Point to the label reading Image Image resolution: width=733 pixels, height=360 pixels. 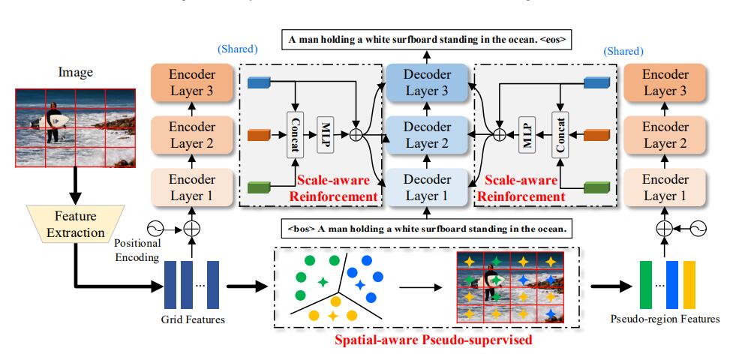click(74, 72)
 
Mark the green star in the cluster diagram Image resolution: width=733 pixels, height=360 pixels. click(323, 282)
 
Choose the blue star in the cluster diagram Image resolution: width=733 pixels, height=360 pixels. click(359, 285)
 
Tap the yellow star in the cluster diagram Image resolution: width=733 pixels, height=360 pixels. click(332, 316)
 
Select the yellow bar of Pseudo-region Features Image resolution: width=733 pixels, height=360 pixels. click(689, 284)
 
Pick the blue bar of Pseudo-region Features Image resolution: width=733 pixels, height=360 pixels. click(672, 284)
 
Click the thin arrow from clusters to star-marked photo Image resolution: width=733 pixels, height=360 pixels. click(424, 286)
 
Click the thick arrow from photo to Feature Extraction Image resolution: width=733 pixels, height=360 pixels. click(74, 184)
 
